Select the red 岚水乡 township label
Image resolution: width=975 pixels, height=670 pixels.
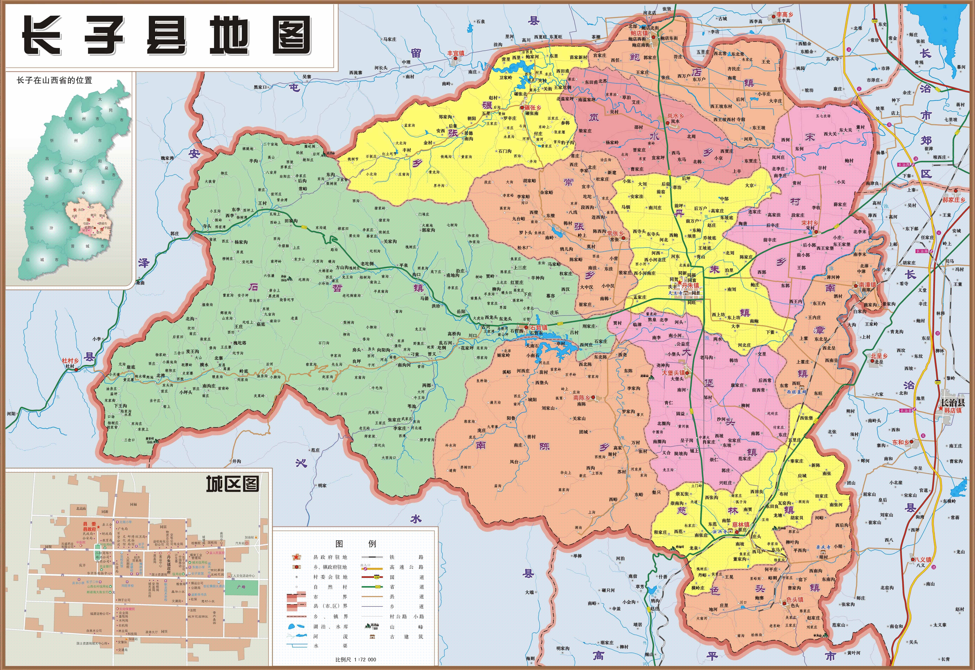[675, 115]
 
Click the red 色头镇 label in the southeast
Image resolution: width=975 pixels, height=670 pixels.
[795, 599]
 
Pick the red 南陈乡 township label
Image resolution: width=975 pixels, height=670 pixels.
[582, 398]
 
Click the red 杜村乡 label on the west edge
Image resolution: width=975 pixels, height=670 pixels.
[70, 361]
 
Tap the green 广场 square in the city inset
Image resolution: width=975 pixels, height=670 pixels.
[241, 587]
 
